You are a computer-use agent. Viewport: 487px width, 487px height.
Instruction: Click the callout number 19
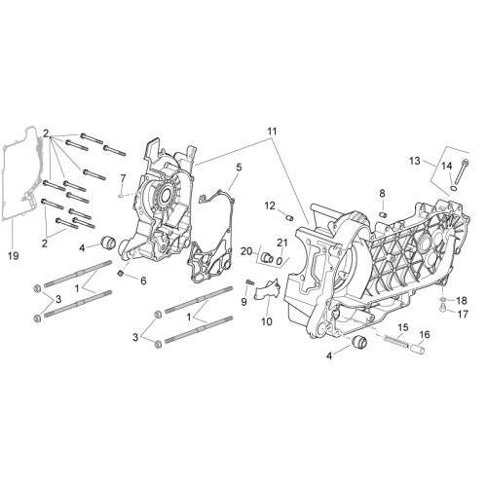(x=14, y=256)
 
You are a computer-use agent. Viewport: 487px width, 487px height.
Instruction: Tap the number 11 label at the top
(x=272, y=131)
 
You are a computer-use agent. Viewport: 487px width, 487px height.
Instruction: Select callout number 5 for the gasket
(x=239, y=168)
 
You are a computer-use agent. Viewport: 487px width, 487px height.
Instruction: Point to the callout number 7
(x=123, y=178)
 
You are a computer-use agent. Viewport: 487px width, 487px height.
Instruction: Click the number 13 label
(x=415, y=161)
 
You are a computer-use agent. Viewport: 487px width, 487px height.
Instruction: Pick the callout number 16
(x=425, y=334)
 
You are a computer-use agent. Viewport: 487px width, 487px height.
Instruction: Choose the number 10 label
(x=267, y=321)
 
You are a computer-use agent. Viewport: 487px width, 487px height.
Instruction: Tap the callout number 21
(x=282, y=243)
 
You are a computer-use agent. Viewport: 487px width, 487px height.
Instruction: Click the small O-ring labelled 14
(x=453, y=188)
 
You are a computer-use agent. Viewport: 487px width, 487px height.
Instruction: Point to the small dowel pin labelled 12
(x=289, y=217)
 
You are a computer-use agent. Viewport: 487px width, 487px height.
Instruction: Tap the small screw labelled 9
(x=249, y=281)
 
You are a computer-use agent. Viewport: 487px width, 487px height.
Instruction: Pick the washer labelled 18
(x=443, y=299)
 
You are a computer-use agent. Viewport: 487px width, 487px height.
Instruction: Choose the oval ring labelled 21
(x=279, y=260)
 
